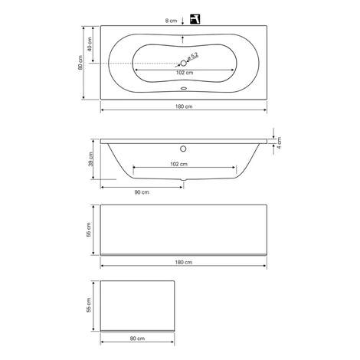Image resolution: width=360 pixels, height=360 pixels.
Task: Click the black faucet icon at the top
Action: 195,19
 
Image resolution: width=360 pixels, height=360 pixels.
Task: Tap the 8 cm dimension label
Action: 171,21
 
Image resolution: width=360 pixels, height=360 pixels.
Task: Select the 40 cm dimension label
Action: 90,44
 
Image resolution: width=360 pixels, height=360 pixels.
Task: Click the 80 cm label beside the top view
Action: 80,63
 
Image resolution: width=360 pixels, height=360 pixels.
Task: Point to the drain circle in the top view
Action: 184,63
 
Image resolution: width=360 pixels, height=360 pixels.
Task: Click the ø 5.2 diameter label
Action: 193,57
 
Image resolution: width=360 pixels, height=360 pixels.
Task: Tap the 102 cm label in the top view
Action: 185,73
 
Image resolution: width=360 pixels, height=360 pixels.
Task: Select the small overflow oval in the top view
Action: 184,88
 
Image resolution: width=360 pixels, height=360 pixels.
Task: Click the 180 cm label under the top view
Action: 184,106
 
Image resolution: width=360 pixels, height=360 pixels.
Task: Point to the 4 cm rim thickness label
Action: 279,143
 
